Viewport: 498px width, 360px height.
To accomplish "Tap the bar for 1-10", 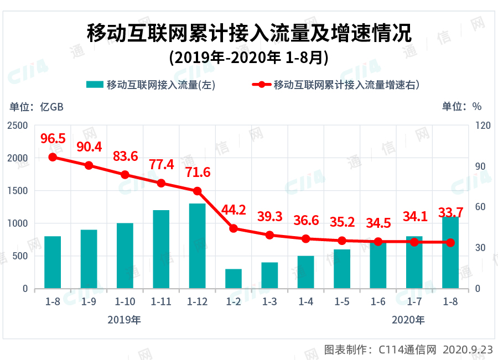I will point(125,255).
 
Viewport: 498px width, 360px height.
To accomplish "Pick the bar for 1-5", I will point(342,269).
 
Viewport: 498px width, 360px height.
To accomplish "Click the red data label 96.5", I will point(53,138).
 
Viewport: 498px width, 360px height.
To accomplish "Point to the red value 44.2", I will point(234,210).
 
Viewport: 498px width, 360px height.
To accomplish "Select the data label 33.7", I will point(450,213).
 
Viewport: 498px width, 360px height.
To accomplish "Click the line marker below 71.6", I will point(198,191).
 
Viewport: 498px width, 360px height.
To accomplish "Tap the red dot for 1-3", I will point(269,235).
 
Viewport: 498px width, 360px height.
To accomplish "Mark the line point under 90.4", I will point(89,165).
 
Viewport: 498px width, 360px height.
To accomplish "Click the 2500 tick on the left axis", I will point(18,126).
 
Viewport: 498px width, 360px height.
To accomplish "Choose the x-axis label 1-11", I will point(161,302).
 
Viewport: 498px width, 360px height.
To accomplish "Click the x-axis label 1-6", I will point(378,302).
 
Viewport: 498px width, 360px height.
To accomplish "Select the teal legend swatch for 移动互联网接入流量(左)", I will point(95,85).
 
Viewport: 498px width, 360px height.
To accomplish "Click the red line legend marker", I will point(259,85).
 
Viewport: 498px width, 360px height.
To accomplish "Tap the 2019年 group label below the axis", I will point(124,320).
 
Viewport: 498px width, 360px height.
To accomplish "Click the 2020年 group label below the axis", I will point(408,320).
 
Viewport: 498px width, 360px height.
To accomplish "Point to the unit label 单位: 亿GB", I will point(37,107).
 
